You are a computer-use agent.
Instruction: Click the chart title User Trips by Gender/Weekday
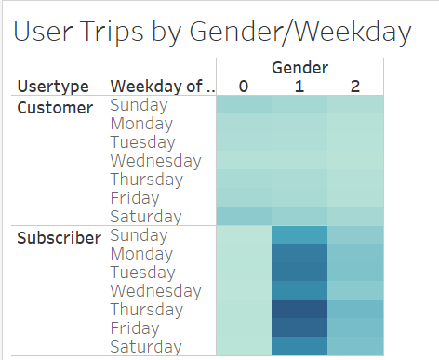(x=213, y=33)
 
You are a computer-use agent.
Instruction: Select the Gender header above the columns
(x=299, y=68)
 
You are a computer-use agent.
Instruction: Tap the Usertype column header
(x=53, y=87)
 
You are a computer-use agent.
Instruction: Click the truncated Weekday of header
(x=162, y=87)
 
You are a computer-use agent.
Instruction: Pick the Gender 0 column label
(x=244, y=87)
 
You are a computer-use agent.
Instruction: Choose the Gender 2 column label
(x=355, y=87)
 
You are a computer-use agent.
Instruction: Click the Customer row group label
(x=55, y=106)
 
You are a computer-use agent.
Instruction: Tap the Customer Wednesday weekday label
(x=155, y=161)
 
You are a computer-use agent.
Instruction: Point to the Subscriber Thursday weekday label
(x=145, y=309)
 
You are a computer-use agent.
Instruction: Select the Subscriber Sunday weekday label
(x=140, y=235)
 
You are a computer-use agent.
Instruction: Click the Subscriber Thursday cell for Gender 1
(x=299, y=309)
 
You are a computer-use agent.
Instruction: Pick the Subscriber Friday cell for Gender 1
(x=299, y=327)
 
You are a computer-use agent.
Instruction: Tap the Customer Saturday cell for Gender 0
(x=244, y=216)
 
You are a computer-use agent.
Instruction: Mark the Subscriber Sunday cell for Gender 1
(x=299, y=234)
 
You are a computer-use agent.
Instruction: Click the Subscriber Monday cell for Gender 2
(x=355, y=253)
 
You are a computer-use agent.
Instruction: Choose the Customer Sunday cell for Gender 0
(x=244, y=105)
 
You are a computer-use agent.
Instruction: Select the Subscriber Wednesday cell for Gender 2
(x=355, y=290)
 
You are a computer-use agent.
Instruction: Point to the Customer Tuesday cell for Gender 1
(x=299, y=142)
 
